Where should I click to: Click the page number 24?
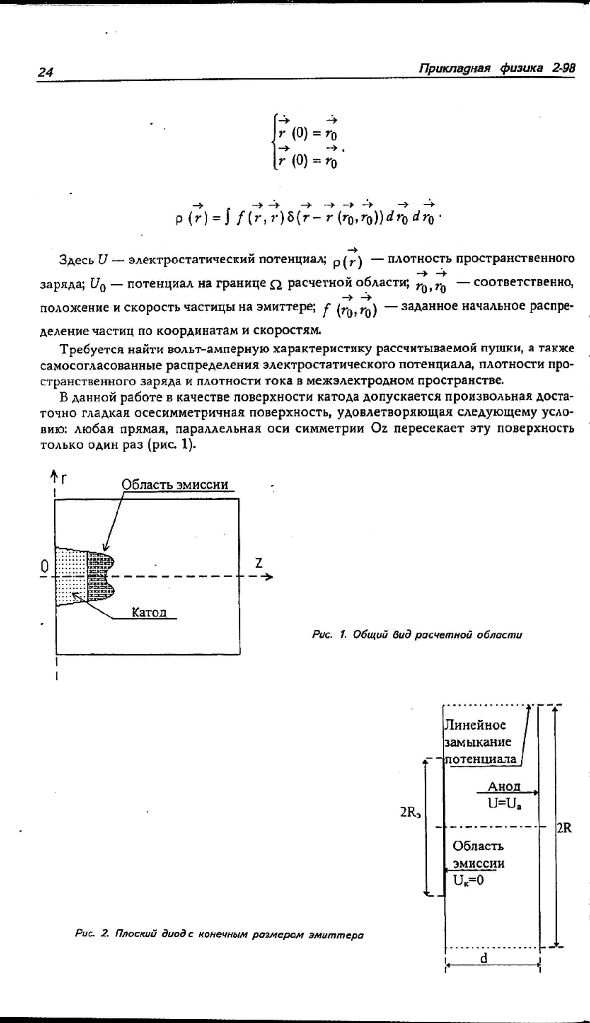coord(45,72)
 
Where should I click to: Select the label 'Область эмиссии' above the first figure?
coord(175,485)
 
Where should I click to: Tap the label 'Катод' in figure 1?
coord(149,612)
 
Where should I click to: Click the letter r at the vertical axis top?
coord(64,477)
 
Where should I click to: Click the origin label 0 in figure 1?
coord(44,567)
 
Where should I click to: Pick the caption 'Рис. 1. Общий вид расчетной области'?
coord(417,635)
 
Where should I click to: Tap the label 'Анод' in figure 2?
coord(503,786)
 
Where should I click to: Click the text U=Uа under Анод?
coord(504,803)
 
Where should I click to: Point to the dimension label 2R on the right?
coord(564,828)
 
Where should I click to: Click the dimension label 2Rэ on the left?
coord(411,812)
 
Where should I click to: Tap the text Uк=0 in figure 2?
coord(469,880)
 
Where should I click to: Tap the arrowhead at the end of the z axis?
coord(269,577)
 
